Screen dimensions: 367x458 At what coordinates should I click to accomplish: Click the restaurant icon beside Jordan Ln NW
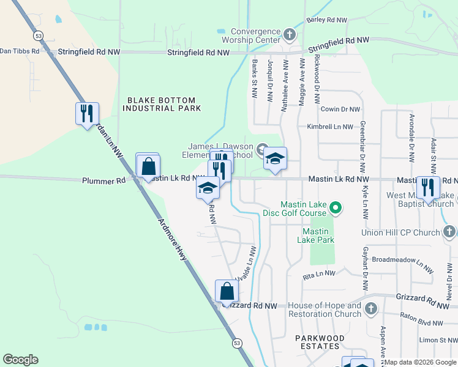coord(87,113)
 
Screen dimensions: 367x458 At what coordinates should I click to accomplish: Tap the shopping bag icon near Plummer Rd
coord(148,165)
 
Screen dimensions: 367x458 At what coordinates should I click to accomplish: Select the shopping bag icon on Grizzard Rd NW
coord(227,291)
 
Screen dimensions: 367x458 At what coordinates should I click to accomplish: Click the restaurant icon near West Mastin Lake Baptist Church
coord(428,187)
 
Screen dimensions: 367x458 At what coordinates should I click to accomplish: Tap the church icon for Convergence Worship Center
coord(290,33)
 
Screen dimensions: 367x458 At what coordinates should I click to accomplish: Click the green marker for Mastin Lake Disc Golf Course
coord(335,209)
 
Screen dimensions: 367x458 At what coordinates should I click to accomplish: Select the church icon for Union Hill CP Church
coord(449,232)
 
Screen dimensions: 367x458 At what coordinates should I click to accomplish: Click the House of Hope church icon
coord(370,310)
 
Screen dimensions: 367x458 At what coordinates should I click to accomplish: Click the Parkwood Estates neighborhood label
coord(320,342)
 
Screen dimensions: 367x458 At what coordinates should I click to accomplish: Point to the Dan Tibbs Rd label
coord(20,51)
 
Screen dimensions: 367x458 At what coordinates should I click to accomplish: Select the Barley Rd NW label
coord(327,20)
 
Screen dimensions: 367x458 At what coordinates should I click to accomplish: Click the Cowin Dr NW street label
coord(341,109)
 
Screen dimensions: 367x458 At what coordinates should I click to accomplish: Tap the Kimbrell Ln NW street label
coord(330,127)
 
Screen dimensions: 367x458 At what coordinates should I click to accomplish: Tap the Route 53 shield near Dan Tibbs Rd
coord(38,34)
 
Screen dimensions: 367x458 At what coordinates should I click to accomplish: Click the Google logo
coord(20,359)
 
